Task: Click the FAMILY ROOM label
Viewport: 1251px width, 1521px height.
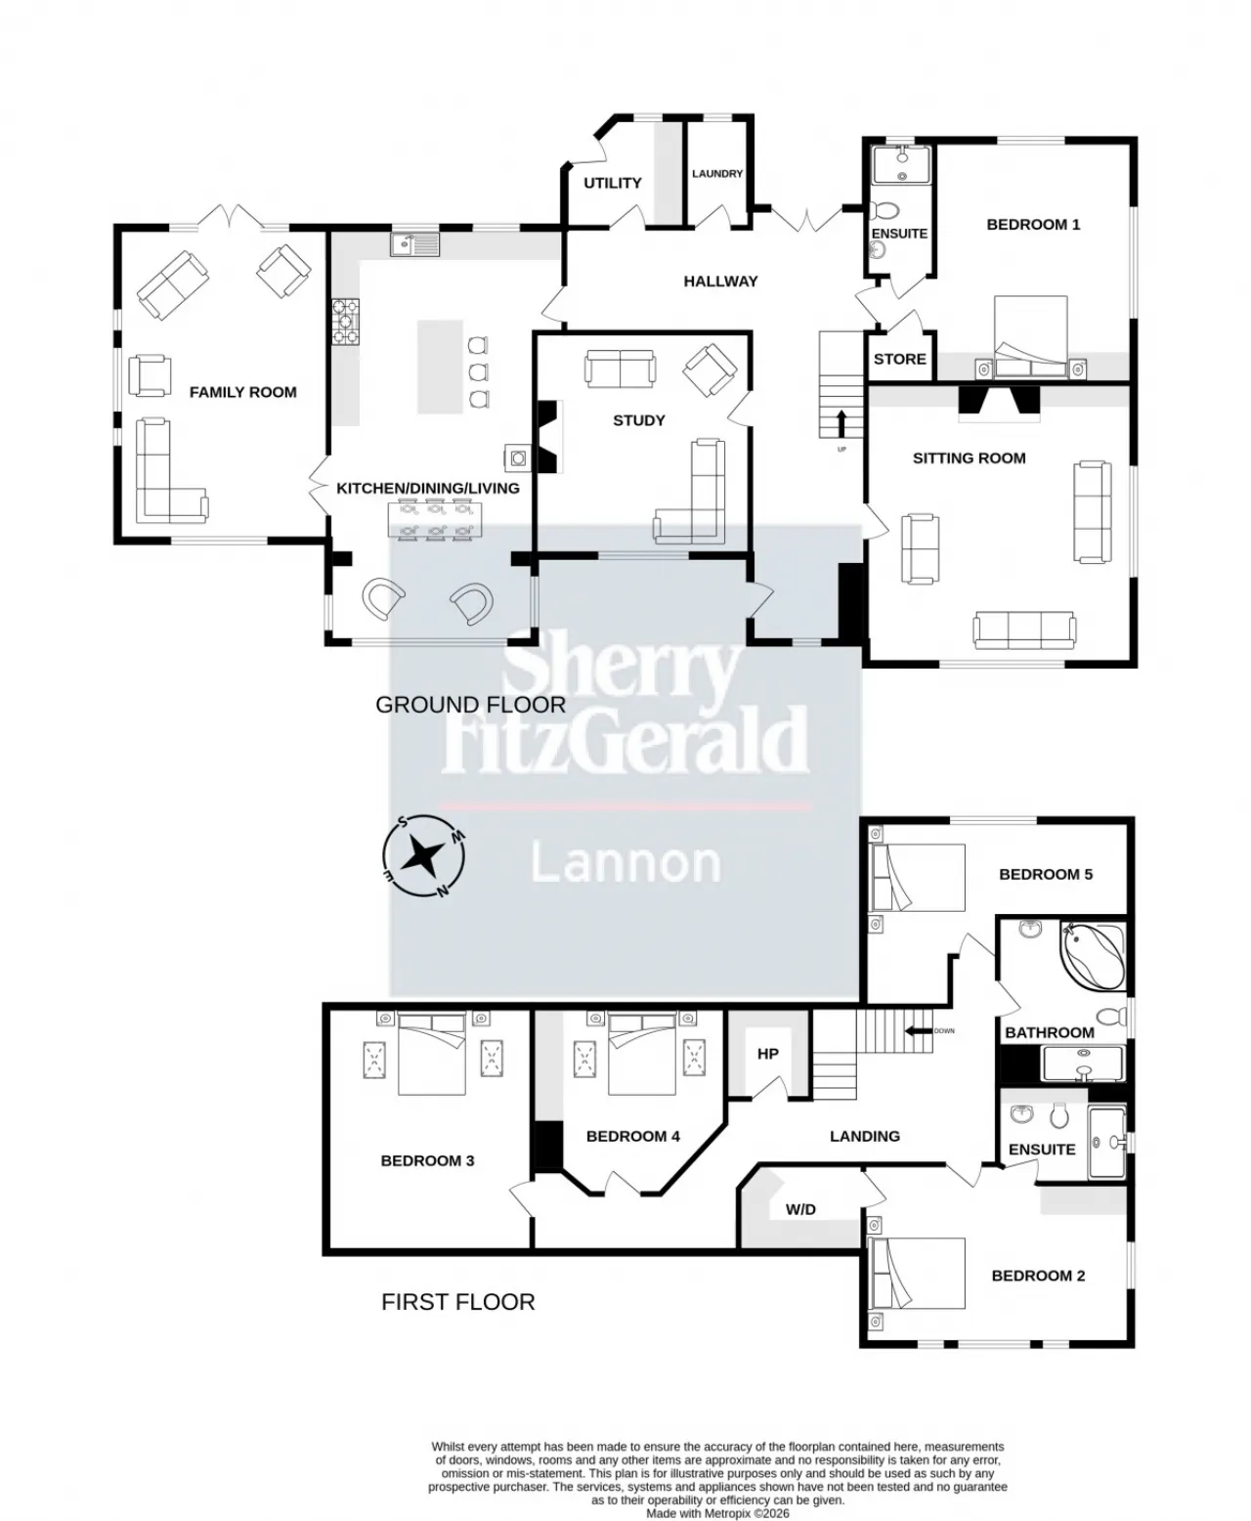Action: (x=243, y=392)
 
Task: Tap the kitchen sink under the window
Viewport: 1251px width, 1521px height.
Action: (x=414, y=244)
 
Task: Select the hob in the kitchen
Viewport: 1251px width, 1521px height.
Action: (x=345, y=321)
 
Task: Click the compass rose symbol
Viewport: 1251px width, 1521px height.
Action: (x=423, y=856)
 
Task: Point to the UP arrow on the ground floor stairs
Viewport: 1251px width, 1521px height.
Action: (x=841, y=423)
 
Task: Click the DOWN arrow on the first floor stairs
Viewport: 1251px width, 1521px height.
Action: (x=918, y=1030)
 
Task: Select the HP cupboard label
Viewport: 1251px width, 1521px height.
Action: (x=768, y=1054)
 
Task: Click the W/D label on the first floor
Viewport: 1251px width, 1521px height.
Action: (x=800, y=1209)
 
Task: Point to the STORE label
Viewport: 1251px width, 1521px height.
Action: (x=900, y=359)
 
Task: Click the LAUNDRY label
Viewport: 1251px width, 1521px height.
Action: (x=717, y=174)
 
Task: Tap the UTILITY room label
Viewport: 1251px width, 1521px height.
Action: (x=612, y=183)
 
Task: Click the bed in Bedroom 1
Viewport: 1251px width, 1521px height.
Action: (x=1031, y=337)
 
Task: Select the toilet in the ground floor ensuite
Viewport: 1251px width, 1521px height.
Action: (x=886, y=210)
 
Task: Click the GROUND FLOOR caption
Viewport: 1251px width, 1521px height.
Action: (x=471, y=705)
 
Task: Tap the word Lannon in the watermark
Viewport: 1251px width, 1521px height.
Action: (x=625, y=863)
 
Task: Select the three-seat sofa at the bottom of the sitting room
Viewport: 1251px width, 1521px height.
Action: (x=1024, y=629)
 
